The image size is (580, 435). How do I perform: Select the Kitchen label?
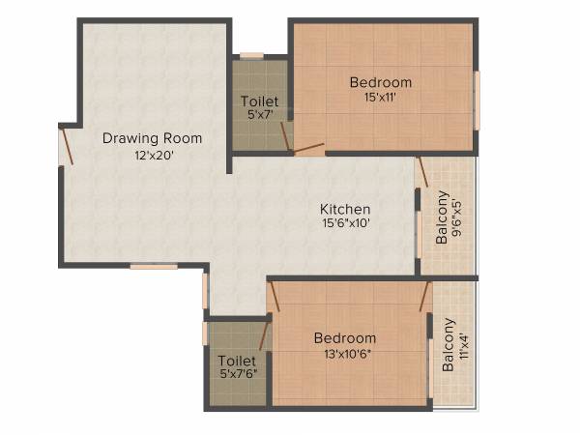point(345,209)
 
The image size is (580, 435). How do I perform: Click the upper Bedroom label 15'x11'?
point(381,82)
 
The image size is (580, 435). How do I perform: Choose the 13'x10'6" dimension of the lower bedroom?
point(345,353)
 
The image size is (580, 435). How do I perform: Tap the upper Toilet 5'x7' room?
point(259,106)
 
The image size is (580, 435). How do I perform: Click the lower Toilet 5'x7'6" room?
point(237,366)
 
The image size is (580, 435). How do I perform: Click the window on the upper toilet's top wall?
point(251,56)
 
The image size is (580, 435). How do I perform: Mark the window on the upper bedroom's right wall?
point(477,100)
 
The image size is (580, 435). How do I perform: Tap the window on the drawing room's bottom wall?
point(154,266)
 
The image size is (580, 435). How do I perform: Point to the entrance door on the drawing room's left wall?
point(65,145)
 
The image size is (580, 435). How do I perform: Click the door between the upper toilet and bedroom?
point(286,135)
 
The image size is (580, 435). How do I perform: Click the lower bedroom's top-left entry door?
point(275,297)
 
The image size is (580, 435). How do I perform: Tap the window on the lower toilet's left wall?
point(205,333)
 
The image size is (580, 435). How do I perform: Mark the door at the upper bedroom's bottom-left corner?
point(309,149)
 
